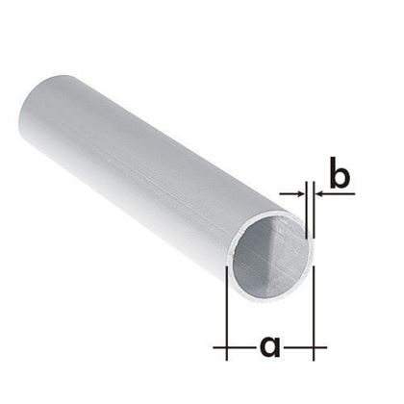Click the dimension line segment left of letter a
[x=240, y=344]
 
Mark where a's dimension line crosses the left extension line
[x=225, y=344]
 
